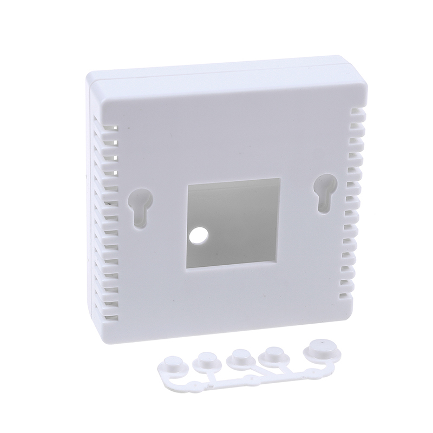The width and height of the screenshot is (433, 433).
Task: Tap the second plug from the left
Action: click(x=207, y=360)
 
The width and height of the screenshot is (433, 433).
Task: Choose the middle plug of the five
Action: click(x=238, y=357)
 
